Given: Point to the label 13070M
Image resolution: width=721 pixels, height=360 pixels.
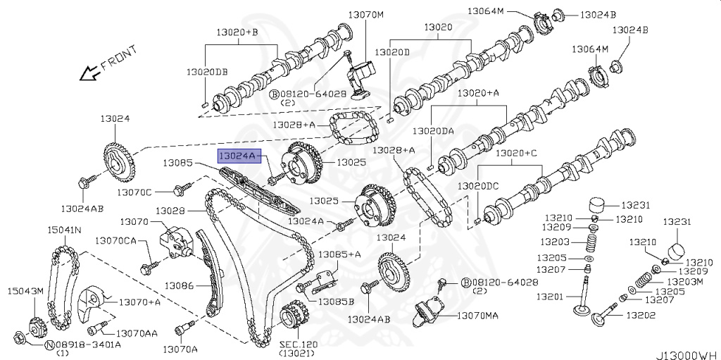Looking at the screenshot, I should [x=366, y=14].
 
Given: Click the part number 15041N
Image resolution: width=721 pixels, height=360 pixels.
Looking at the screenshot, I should [x=64, y=230].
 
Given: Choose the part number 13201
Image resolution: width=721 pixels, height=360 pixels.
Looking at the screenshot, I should [x=550, y=296].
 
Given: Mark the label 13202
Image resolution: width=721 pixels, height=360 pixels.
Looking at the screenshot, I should [x=641, y=315].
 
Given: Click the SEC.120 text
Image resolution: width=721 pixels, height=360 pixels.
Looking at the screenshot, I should [x=298, y=345].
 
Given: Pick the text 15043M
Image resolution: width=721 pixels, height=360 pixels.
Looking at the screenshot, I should [x=25, y=291].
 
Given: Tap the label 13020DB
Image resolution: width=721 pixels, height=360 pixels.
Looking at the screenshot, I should [x=207, y=72].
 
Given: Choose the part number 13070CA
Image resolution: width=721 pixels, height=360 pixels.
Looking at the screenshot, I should [x=115, y=240].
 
